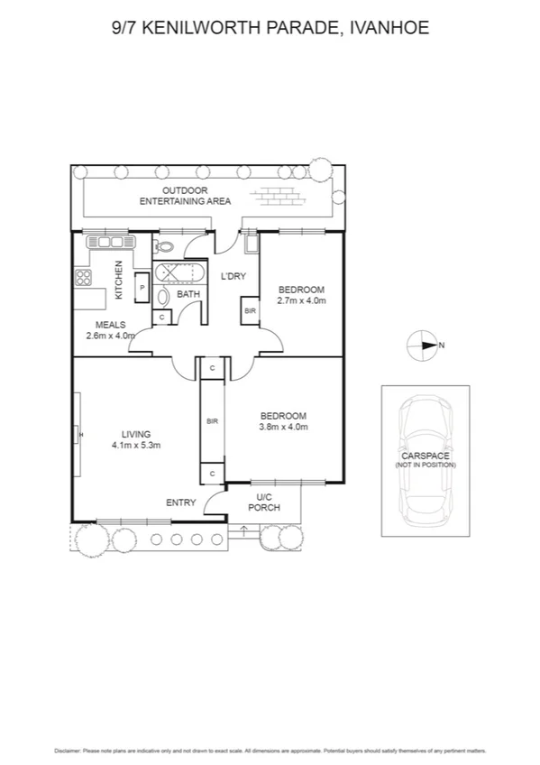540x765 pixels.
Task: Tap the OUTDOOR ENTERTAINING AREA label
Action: click(x=186, y=196)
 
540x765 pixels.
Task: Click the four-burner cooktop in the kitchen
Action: click(x=83, y=278)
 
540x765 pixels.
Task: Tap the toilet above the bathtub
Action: click(x=163, y=245)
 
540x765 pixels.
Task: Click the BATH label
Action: click(x=188, y=294)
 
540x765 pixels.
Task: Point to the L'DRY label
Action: click(x=234, y=276)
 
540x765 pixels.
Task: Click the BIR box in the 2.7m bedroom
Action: click(x=249, y=310)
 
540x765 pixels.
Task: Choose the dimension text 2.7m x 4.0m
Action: click(x=301, y=300)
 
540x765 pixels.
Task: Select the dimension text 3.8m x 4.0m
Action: click(x=284, y=427)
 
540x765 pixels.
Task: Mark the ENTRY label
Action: click(x=180, y=502)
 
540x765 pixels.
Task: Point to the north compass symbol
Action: click(x=421, y=345)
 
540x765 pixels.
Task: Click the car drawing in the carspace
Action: click(x=425, y=459)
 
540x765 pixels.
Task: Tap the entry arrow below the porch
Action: click(x=243, y=530)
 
